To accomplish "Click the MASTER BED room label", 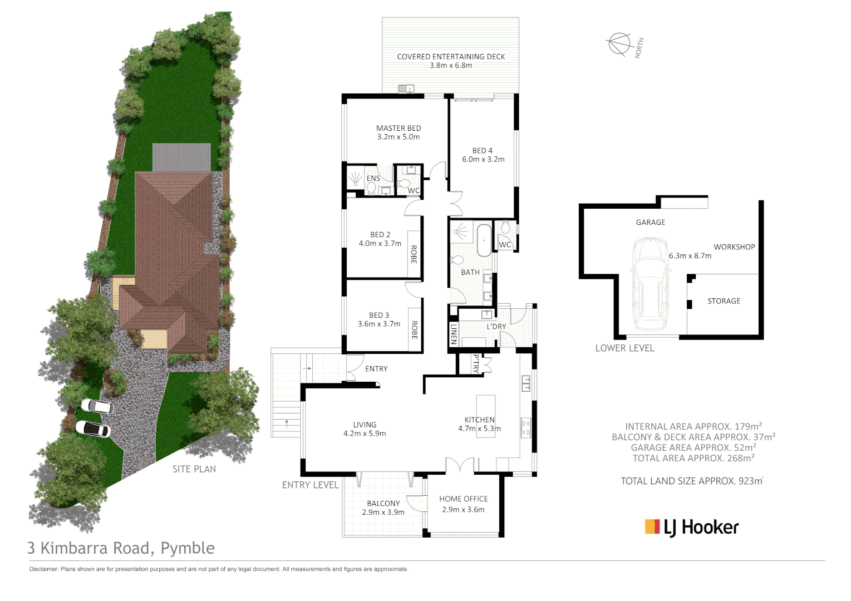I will tap(399, 128).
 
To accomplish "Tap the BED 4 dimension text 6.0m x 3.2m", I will tap(483, 159).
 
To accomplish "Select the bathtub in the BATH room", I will tap(484, 240).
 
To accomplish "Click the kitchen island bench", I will tap(486, 416).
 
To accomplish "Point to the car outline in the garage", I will tap(650, 284).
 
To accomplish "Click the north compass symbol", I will tap(619, 44).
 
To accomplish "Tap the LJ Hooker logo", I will tap(692, 527).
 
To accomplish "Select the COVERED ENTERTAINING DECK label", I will tap(451, 57).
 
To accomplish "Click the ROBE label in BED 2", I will tap(414, 254).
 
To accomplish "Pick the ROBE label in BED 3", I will tap(414, 329).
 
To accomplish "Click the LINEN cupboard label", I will tap(454, 334).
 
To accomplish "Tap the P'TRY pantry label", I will tap(475, 364).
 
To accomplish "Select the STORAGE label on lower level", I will tap(724, 301).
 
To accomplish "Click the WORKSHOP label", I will tap(734, 247).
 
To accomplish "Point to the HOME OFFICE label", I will tap(463, 499).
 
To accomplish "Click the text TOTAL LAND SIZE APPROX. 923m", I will tap(691, 481).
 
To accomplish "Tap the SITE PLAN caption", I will tap(194, 469).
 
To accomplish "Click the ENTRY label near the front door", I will tap(376, 369).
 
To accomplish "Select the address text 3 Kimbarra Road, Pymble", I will tap(121, 548).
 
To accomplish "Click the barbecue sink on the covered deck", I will tap(406, 88).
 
